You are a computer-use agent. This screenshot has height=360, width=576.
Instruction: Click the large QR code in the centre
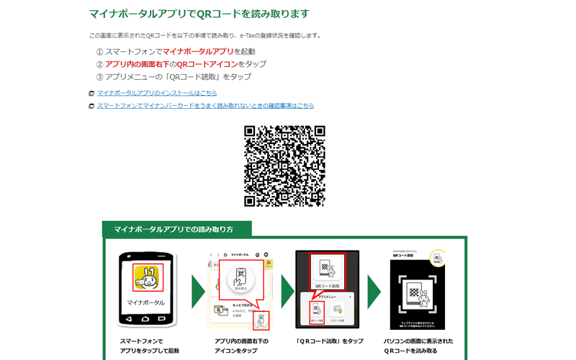click(284, 166)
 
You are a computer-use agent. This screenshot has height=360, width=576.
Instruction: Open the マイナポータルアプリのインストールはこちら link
click(157, 93)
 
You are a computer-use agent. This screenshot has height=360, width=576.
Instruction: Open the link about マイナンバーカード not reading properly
click(205, 106)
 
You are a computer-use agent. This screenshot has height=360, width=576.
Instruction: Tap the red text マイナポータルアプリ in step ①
click(198, 51)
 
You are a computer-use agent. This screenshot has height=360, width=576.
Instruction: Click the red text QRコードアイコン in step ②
click(207, 64)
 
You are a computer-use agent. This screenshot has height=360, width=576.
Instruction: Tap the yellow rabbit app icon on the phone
click(148, 278)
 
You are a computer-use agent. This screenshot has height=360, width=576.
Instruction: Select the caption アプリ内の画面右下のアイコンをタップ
click(240, 346)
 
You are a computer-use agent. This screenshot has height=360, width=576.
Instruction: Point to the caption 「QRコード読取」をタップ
click(330, 341)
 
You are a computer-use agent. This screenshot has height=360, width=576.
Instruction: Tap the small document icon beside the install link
click(91, 94)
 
